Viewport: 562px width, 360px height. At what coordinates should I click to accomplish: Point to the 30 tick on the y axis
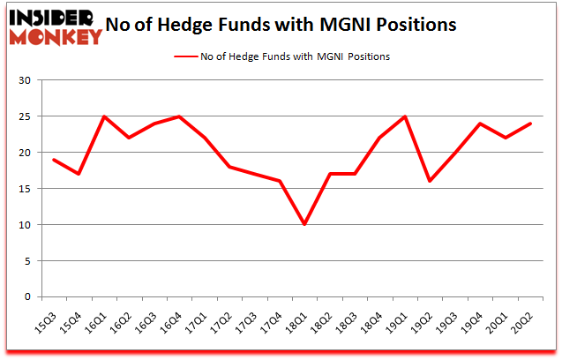point(25,80)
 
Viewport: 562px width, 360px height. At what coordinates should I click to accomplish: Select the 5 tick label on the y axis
point(27,261)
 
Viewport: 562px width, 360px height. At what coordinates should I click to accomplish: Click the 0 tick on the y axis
point(27,297)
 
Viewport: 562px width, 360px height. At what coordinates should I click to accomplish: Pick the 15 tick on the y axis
point(25,189)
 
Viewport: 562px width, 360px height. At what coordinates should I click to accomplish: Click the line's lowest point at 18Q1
point(305,224)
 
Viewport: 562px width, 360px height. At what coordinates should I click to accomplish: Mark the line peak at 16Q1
point(105,116)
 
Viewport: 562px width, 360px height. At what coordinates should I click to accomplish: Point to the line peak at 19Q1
point(406,116)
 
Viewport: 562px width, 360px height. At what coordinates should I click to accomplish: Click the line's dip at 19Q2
point(431,181)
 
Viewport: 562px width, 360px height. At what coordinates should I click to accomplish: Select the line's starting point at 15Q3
point(55,160)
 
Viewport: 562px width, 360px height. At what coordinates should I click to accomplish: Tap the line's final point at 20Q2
point(531,124)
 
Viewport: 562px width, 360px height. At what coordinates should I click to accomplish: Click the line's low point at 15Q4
point(79,174)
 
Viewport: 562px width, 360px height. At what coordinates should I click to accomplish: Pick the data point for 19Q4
point(481,124)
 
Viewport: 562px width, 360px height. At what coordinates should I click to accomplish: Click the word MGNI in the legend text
point(331,56)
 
